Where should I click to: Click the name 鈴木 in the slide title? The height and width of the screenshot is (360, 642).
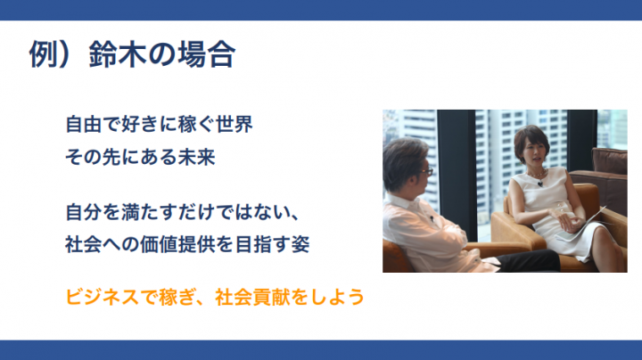click(118, 53)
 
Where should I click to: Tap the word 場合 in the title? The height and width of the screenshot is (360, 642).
click(206, 53)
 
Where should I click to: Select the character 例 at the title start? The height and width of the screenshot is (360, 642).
click(43, 53)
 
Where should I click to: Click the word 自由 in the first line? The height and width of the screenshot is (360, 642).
click(84, 125)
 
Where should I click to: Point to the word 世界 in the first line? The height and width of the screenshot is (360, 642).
click(235, 125)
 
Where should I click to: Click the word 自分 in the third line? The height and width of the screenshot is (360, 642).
click(84, 212)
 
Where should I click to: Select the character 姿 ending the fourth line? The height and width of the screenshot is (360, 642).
click(300, 245)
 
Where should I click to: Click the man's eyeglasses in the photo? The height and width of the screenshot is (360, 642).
click(426, 172)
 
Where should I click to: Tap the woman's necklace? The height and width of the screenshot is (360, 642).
click(537, 175)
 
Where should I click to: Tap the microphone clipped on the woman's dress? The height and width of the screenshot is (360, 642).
click(540, 184)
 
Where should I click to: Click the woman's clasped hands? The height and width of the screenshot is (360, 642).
click(568, 220)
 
